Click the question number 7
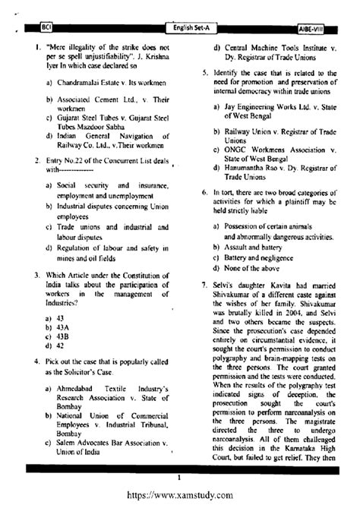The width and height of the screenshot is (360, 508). point(195,285)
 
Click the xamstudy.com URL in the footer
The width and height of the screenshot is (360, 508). point(179,495)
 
